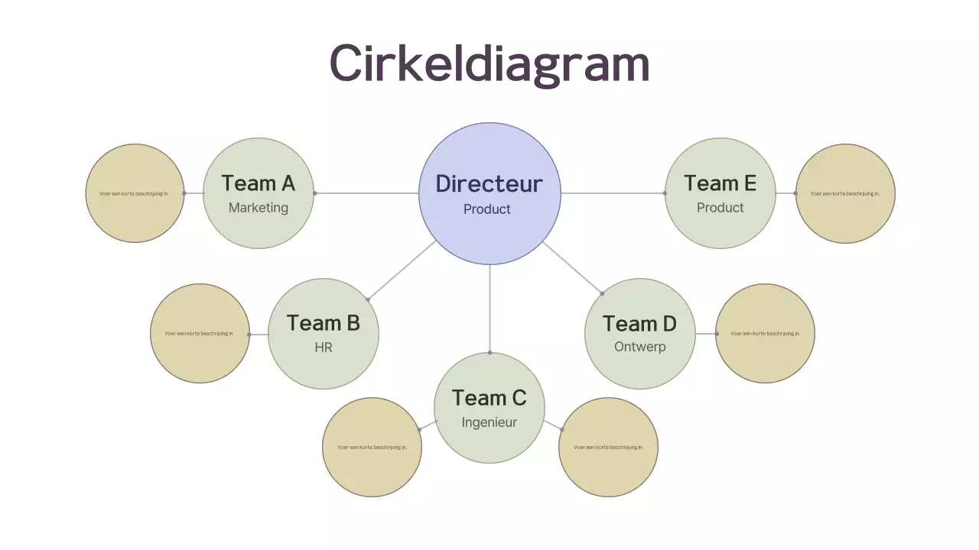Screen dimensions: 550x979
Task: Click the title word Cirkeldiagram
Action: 489,63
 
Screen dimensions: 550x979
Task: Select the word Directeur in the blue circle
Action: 489,184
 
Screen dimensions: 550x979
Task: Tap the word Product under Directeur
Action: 487,209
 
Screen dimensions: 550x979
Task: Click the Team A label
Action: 259,183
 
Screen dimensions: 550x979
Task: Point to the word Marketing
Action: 259,208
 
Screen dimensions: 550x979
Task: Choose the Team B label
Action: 324,323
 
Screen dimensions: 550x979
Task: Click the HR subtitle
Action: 324,348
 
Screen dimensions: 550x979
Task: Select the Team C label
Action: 489,398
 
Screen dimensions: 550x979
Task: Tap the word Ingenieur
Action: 489,422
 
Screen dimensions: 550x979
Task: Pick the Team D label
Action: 640,324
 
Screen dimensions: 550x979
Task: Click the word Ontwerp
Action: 640,347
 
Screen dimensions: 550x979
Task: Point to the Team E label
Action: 720,183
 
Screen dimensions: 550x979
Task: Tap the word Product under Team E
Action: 720,208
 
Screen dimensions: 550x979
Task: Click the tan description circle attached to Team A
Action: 135,193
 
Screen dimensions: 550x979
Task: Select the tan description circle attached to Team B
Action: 200,334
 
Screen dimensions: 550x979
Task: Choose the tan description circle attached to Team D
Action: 765,334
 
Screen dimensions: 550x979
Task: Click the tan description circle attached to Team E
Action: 845,193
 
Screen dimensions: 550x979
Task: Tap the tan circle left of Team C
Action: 372,448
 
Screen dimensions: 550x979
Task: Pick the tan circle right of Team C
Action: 608,448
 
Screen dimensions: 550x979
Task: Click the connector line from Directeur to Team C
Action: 489,309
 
